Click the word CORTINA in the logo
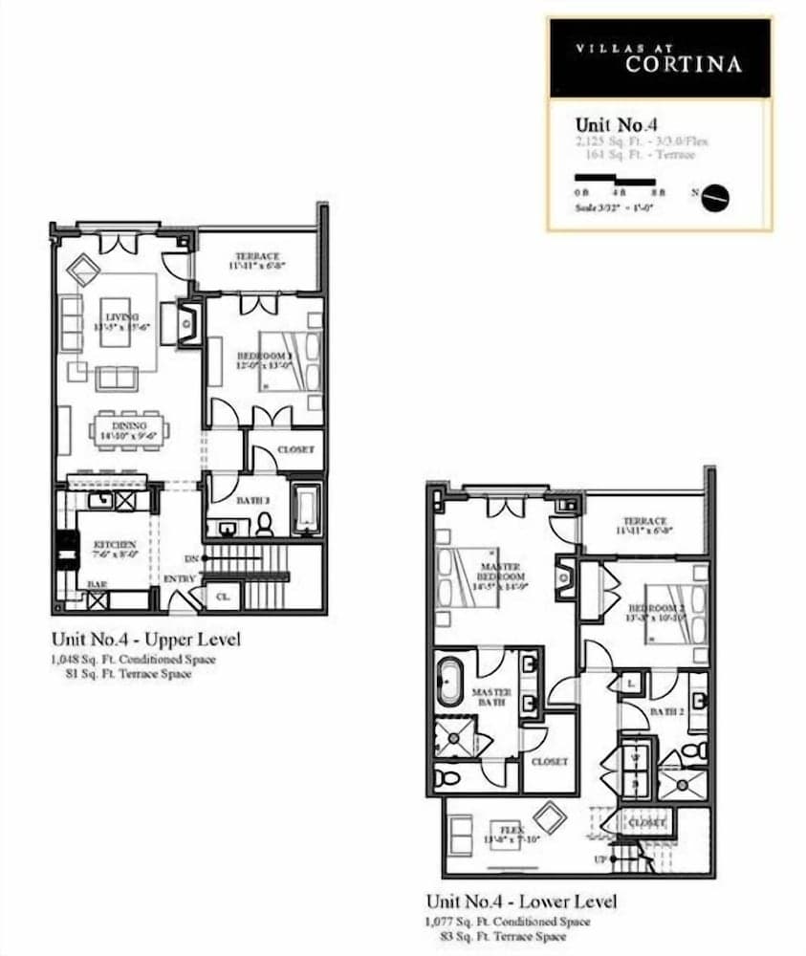click(x=683, y=65)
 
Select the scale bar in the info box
click(x=614, y=179)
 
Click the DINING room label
click(x=129, y=425)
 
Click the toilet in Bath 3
click(x=265, y=523)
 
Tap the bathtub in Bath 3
click(x=307, y=510)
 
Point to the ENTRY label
click(x=179, y=579)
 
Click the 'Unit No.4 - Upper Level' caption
click(x=145, y=639)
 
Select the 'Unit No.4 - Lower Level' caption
click(x=521, y=902)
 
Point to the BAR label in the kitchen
click(x=97, y=584)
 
